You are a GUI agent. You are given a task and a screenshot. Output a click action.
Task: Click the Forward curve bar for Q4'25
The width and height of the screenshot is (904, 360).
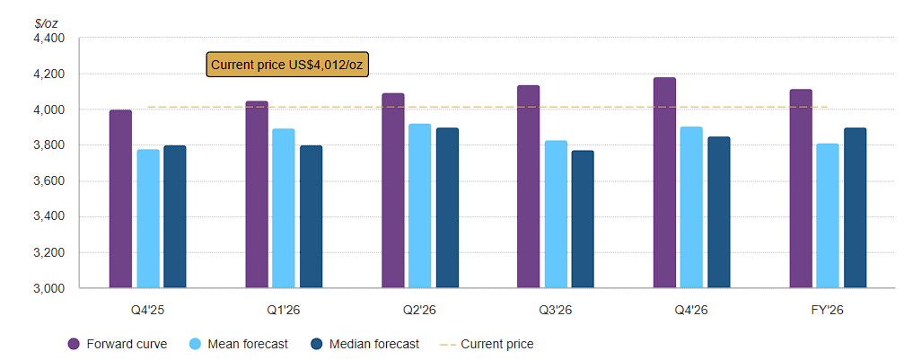[120, 199]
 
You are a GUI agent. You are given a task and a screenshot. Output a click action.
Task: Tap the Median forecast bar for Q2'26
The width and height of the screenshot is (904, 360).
[447, 208]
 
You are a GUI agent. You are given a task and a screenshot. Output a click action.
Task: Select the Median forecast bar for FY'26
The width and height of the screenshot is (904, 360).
[855, 208]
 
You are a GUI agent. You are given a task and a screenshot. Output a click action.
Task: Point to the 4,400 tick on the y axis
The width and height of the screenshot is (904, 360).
[48, 39]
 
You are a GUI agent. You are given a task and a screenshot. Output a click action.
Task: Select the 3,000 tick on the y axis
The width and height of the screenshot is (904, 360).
[48, 289]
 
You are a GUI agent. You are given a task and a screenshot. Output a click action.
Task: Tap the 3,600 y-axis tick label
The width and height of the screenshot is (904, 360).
[48, 181]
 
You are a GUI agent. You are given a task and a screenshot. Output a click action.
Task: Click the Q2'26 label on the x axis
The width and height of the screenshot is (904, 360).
[419, 311]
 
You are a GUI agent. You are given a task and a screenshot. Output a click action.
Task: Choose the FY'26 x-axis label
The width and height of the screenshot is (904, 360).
[827, 311]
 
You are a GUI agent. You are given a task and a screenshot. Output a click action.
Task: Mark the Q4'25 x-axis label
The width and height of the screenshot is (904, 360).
[147, 311]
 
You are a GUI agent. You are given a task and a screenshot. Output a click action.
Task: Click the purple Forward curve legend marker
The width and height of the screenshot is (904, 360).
[74, 344]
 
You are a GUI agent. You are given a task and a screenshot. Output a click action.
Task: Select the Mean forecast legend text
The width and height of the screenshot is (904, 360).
[248, 344]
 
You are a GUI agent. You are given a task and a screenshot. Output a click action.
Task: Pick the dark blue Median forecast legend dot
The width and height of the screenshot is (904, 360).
[316, 344]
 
